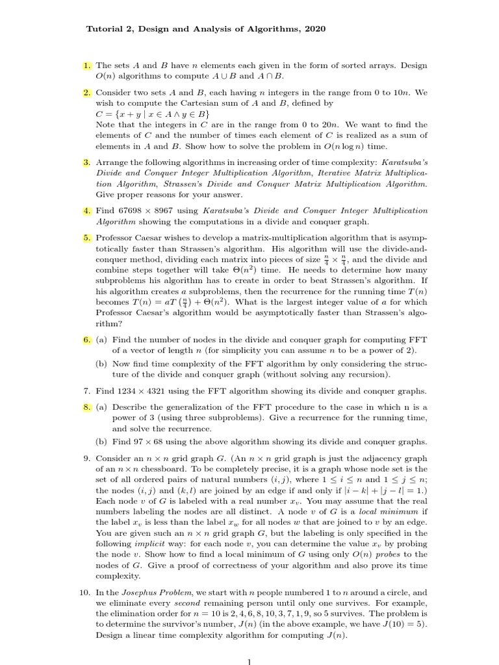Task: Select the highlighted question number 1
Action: point(87,66)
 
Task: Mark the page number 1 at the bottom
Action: point(249,660)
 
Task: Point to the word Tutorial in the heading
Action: point(104,30)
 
